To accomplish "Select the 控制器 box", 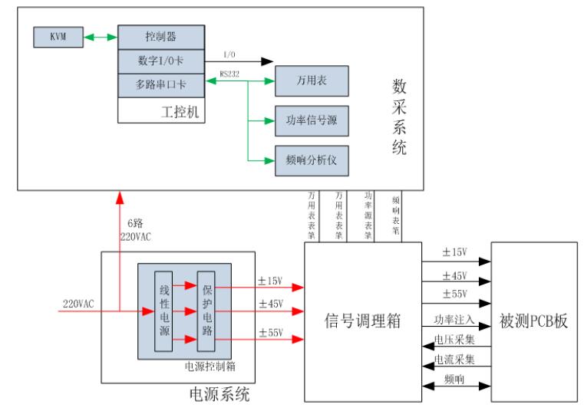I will click(161, 37).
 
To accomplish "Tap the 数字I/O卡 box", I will click(161, 61).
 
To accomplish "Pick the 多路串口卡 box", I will click(161, 84).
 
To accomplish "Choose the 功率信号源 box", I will click(305, 120).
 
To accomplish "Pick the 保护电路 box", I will click(206, 311).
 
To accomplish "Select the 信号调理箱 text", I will click(359, 318).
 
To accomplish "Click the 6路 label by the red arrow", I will click(136, 223).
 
